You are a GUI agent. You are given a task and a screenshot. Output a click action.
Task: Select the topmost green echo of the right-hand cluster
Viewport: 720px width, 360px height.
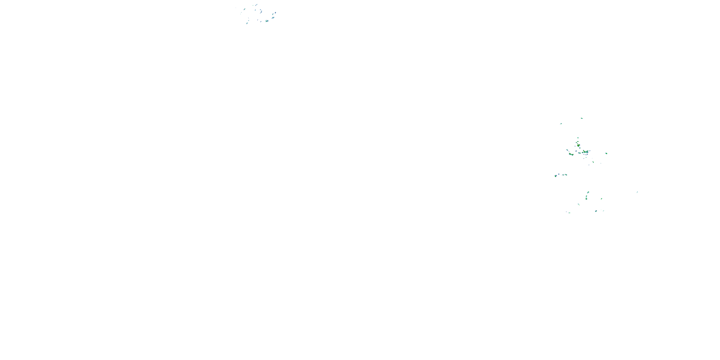[582, 118]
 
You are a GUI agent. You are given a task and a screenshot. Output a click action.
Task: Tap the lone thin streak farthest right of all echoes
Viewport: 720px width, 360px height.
[637, 192]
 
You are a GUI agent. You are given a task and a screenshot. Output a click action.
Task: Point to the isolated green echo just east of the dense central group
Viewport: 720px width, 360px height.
[606, 153]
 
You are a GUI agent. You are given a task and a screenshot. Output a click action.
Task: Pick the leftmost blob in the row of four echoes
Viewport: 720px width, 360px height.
[556, 176]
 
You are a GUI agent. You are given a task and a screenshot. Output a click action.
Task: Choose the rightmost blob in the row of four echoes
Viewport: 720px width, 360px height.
[566, 175]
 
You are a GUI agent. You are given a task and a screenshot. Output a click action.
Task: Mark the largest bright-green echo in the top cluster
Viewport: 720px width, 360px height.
[267, 21]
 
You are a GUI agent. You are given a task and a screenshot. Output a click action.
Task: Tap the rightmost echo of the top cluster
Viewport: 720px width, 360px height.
[275, 13]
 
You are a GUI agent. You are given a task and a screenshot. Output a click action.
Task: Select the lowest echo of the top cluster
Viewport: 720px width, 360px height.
[247, 24]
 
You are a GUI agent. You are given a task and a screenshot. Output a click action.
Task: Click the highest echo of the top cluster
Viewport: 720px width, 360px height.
[256, 5]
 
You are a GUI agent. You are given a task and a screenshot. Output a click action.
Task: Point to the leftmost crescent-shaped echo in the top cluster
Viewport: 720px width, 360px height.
[245, 9]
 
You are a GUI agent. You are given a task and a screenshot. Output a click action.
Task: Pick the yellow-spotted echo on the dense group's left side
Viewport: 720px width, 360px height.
[570, 154]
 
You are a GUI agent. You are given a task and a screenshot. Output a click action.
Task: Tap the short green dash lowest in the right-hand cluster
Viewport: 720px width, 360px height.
[569, 213]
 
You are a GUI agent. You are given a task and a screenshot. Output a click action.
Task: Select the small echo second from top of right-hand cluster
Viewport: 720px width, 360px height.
[561, 124]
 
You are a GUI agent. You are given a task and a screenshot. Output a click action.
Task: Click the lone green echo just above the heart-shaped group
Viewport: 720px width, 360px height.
[578, 138]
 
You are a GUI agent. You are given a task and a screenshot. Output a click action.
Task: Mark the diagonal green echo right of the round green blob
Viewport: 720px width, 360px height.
[601, 199]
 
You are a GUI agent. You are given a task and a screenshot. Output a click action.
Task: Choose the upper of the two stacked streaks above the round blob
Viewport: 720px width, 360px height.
[588, 192]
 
